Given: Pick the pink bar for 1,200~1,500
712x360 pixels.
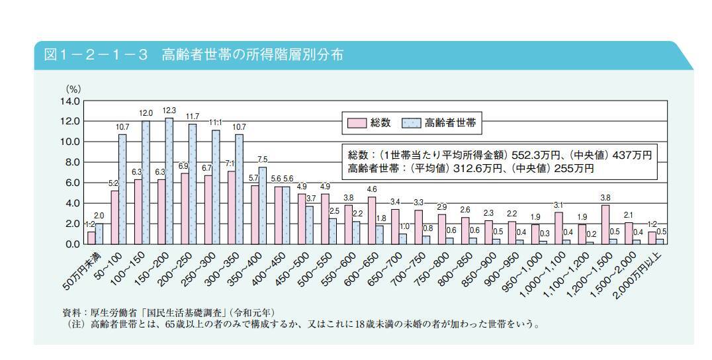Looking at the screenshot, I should (x=605, y=224).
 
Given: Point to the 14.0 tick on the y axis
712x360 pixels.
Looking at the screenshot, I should (x=71, y=101).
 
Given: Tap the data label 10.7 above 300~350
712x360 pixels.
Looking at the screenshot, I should (x=239, y=127).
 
